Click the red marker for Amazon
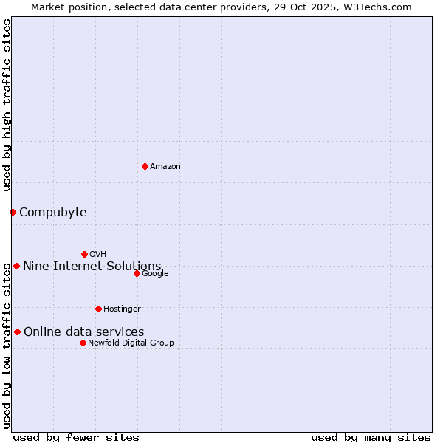click(145, 166)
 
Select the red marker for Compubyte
click(13, 213)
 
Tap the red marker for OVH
click(84, 254)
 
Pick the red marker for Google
click(137, 273)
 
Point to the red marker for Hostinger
click(98, 309)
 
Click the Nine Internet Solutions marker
click(16, 266)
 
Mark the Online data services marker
click(17, 332)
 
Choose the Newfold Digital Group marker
click(83, 343)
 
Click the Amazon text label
click(165, 167)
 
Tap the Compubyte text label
click(53, 213)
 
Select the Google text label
click(155, 274)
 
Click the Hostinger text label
click(122, 309)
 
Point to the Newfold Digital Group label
click(131, 343)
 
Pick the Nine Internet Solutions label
click(92, 267)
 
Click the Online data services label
click(84, 332)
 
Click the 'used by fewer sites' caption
click(76, 437)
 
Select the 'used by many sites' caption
click(371, 437)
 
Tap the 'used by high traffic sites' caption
click(7, 105)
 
